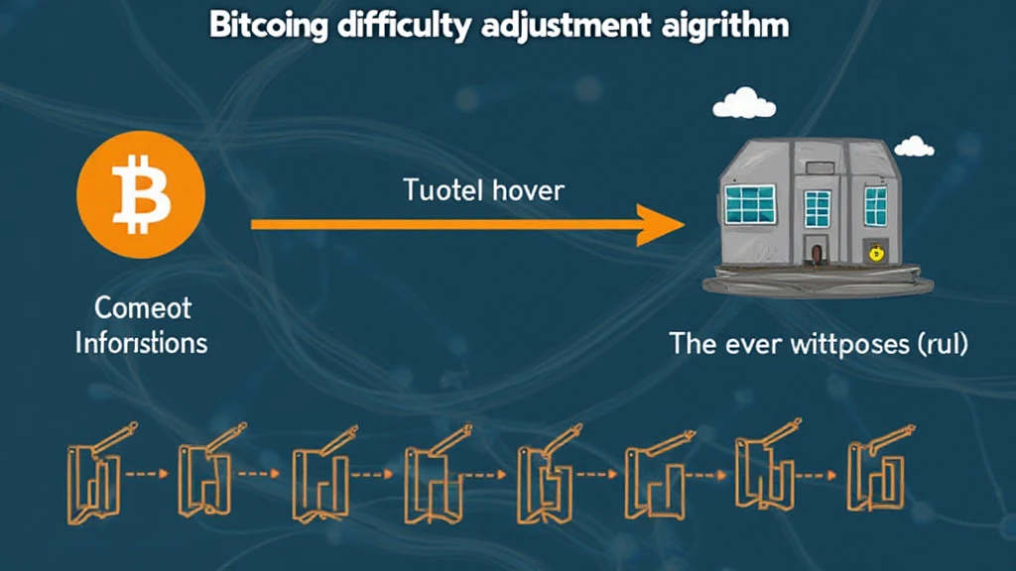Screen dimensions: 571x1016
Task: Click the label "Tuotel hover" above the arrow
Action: point(483,189)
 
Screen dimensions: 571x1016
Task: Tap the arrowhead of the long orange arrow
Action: point(659,225)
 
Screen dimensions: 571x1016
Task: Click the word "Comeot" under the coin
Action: point(142,307)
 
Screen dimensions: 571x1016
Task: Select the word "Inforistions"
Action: point(142,343)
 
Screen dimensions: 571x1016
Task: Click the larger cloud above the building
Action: point(743,102)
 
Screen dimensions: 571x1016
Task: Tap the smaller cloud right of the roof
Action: point(914,148)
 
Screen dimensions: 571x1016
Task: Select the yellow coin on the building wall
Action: point(875,254)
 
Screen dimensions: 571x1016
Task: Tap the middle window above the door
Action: point(817,208)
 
